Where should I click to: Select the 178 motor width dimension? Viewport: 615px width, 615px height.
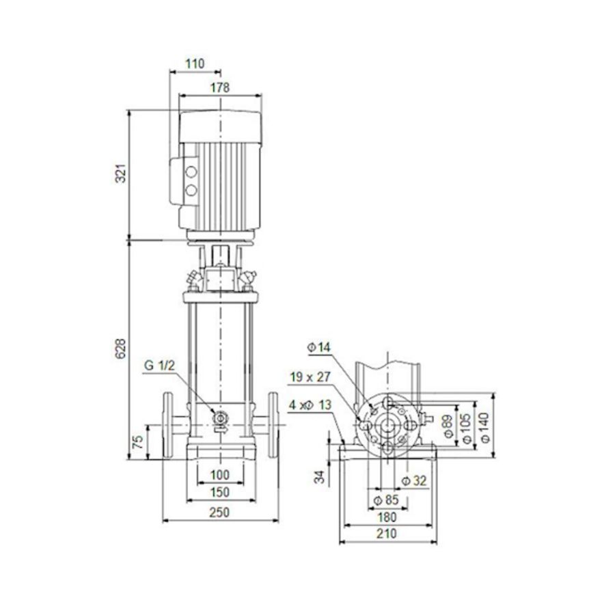[x=219, y=87]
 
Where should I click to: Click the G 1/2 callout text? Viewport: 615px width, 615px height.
[x=159, y=366]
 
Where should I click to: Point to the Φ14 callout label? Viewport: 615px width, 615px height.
[x=319, y=348]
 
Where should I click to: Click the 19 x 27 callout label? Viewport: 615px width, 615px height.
[x=309, y=377]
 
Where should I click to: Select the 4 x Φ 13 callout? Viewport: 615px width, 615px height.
[x=310, y=405]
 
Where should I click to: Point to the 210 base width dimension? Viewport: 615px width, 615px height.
[x=387, y=534]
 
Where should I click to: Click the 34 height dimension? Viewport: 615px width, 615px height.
[x=319, y=476]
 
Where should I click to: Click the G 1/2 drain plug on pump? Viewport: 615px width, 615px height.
[x=220, y=418]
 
